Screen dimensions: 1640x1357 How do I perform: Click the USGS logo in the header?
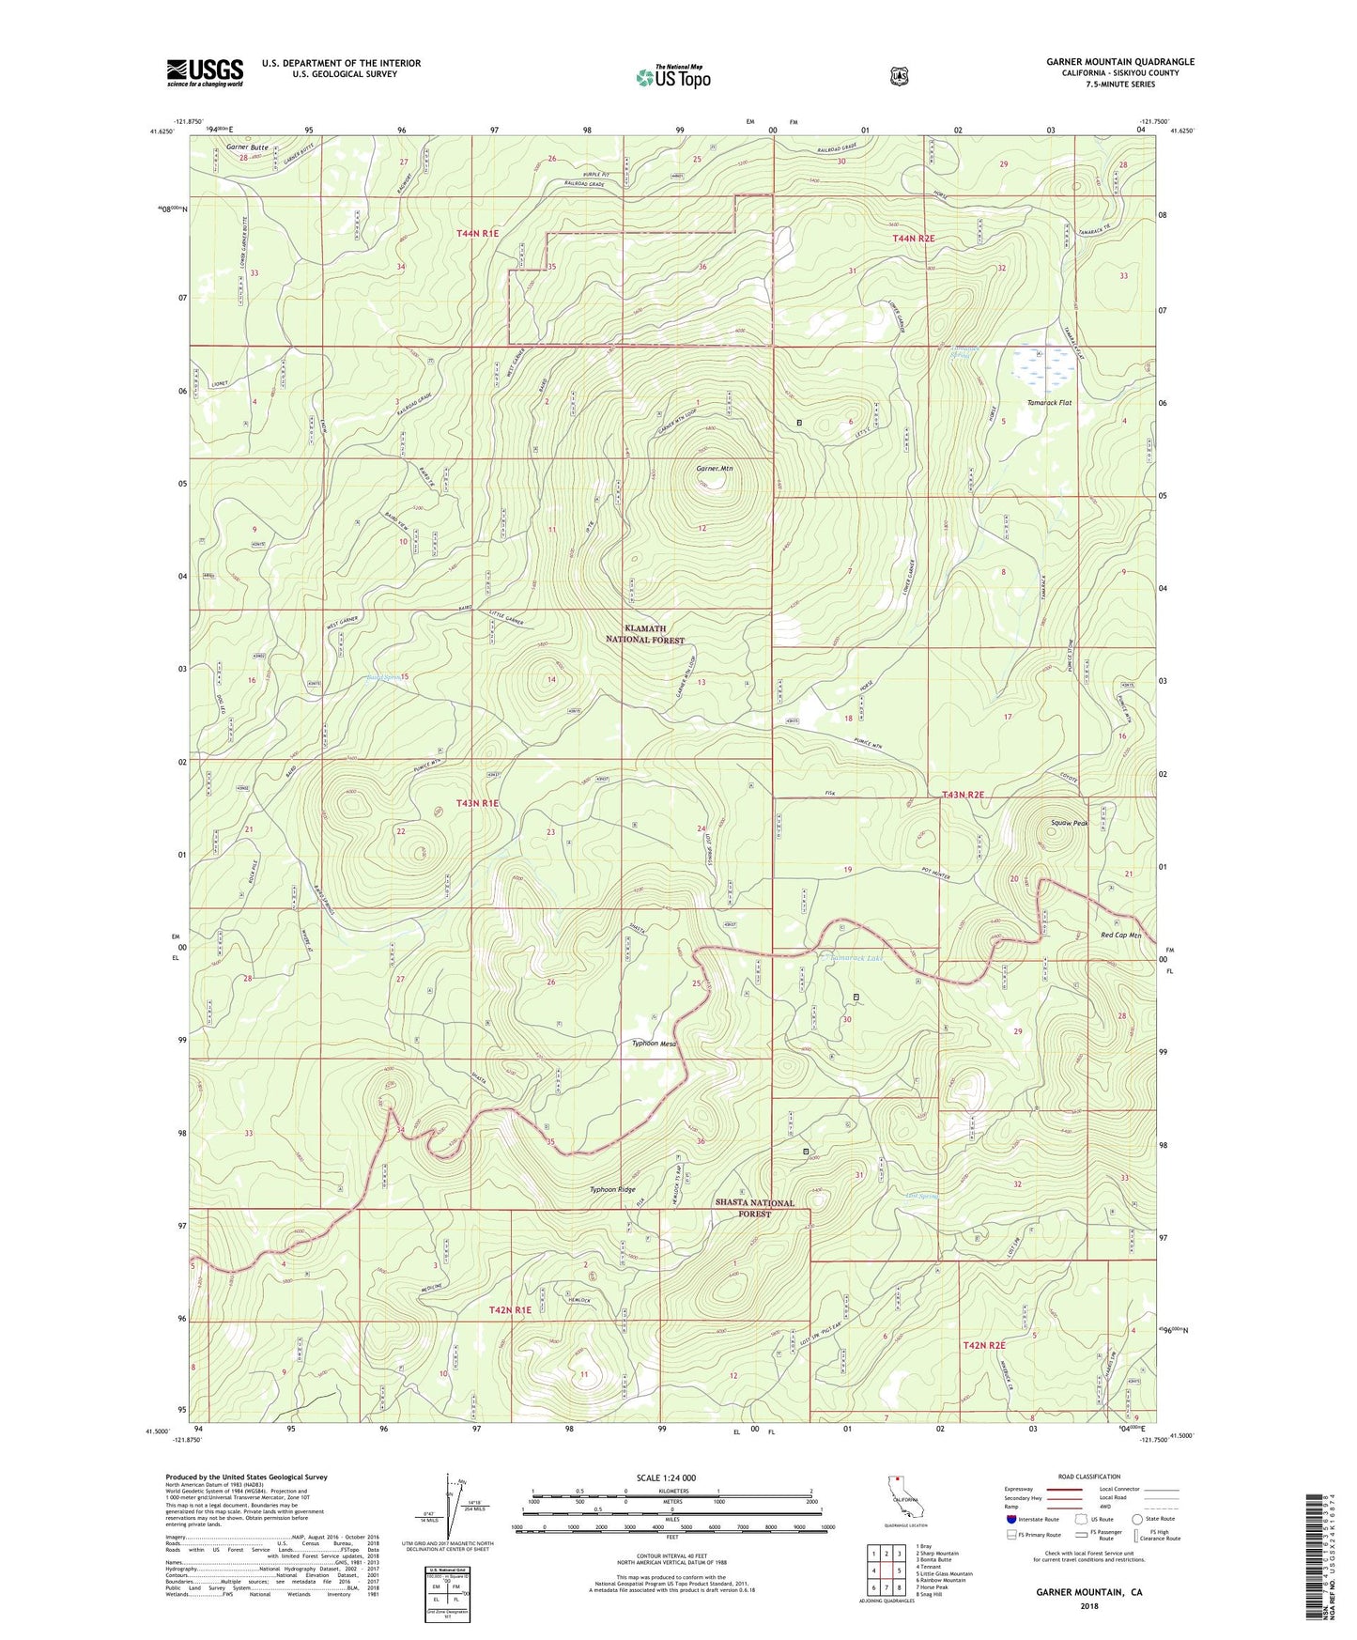[x=205, y=72]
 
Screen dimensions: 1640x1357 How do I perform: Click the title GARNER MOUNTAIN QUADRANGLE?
[x=1119, y=62]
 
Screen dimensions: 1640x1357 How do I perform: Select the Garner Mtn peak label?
[x=713, y=468]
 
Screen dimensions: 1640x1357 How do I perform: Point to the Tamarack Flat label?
[x=1049, y=403]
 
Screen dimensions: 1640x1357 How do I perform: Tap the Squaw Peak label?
[x=1069, y=823]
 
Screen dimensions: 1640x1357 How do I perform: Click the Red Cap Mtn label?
[x=1120, y=936]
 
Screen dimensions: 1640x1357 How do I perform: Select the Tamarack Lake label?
[x=856, y=958]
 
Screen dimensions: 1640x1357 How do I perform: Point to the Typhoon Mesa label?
[x=654, y=1044]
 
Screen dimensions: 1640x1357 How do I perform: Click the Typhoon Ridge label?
[x=612, y=1189]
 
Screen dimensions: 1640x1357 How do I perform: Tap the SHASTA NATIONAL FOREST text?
[x=754, y=1208]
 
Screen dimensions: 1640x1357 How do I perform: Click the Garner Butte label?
[x=247, y=147]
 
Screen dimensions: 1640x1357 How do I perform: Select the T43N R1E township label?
[x=477, y=803]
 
